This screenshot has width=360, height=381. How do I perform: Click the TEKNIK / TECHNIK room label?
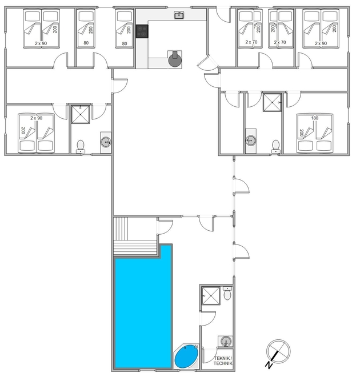223,361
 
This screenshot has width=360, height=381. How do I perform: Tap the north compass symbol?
278,353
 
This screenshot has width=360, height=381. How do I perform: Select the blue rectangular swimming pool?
143,307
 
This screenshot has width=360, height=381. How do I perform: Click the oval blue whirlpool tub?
187,356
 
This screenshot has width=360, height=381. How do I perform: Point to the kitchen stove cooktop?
142,31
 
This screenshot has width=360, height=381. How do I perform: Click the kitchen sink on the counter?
179,15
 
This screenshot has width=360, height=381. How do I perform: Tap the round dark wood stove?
175,59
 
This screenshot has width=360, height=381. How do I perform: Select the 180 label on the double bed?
314,118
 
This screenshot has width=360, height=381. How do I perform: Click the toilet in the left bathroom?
81,147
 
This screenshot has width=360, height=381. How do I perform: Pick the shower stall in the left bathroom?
80,114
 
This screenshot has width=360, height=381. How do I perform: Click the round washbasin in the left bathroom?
106,142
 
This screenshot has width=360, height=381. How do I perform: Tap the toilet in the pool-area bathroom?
227,293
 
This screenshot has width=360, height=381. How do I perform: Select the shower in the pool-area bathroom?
211,295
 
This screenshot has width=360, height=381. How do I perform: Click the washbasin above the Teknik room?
226,342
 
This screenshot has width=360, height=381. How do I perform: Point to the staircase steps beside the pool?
135,236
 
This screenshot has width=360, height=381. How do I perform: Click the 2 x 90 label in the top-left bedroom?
41,43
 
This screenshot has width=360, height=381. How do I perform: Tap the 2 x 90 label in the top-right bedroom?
321,43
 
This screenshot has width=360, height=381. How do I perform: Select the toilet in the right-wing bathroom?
275,147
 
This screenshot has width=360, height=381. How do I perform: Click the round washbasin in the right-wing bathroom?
251,141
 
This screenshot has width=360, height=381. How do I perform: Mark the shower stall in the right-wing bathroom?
272,103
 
